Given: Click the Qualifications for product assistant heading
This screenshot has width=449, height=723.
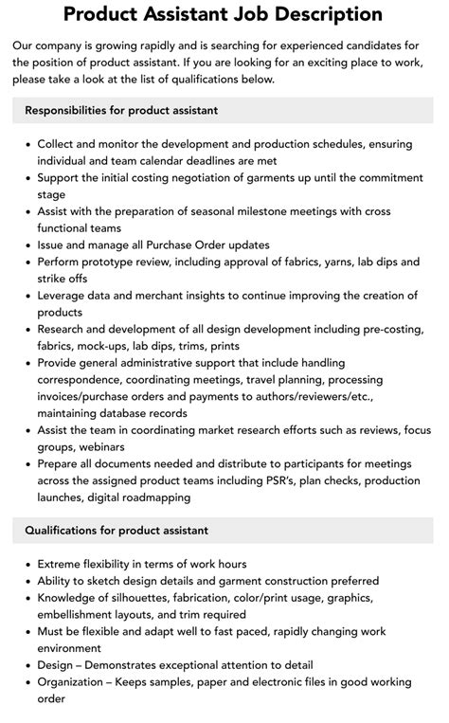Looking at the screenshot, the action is tap(117, 530).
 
